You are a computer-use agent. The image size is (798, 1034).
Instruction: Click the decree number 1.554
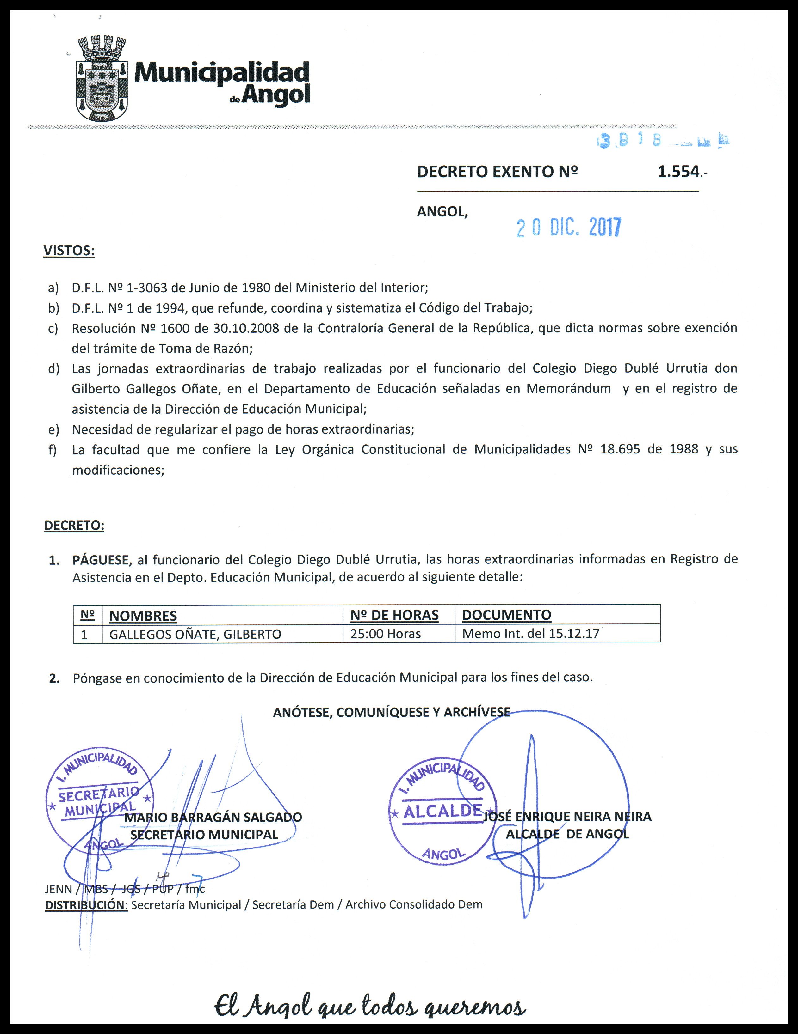pyautogui.click(x=678, y=171)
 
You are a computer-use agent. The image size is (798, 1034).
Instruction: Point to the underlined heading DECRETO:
pyautogui.click(x=74, y=526)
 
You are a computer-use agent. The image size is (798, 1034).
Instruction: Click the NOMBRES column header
pyautogui.click(x=143, y=616)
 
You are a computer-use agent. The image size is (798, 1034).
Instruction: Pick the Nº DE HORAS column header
pyautogui.click(x=394, y=615)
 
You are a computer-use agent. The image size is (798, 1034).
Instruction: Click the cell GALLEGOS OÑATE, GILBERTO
pyautogui.click(x=195, y=634)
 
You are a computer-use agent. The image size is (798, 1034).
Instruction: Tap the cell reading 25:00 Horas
pyautogui.click(x=385, y=634)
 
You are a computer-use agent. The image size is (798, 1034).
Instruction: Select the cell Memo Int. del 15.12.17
pyautogui.click(x=530, y=634)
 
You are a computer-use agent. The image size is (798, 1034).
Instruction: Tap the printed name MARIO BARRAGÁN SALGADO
pyautogui.click(x=213, y=818)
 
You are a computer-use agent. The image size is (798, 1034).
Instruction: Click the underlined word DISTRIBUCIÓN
pyautogui.click(x=86, y=905)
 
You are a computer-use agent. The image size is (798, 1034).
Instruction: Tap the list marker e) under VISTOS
pyautogui.click(x=53, y=429)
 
